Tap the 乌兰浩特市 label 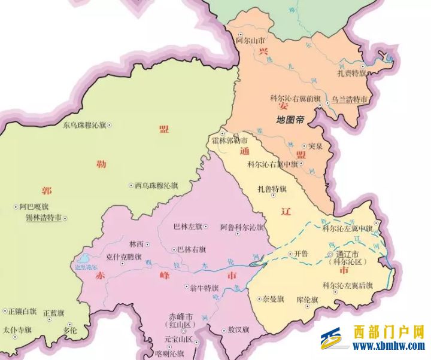click(x=350, y=99)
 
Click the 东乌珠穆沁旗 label click(x=84, y=126)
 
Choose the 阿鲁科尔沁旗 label click(x=241, y=227)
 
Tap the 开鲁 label click(x=301, y=254)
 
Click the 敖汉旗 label click(x=238, y=330)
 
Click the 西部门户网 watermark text click(x=388, y=332)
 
